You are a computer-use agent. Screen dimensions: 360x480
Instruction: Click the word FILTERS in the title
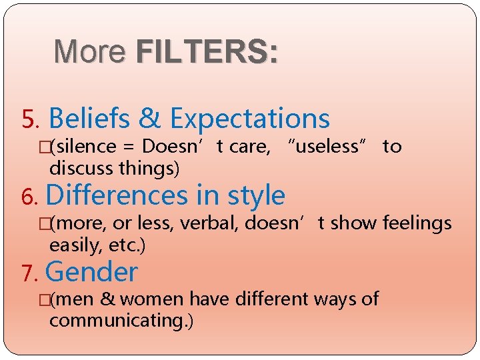point(205,51)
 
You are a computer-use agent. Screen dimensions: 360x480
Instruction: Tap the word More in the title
point(90,51)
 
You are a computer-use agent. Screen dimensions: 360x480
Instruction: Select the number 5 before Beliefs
point(30,120)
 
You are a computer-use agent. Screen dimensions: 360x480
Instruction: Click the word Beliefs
point(90,119)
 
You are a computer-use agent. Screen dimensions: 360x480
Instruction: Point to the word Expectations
point(250,119)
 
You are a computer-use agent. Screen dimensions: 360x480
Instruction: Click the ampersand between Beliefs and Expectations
point(150,119)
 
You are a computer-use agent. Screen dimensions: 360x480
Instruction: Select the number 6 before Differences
point(29,197)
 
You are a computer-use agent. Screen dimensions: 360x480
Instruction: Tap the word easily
point(73,245)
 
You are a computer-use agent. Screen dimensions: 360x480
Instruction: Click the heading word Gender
point(92,273)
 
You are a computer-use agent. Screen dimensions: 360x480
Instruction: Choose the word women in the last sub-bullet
point(153,299)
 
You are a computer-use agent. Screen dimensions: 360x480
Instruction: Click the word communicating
point(113,321)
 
